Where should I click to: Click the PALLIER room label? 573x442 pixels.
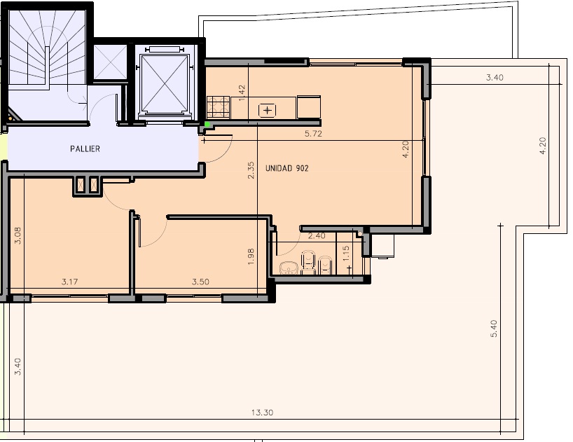[x=85, y=149]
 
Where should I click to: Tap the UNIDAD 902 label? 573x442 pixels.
[x=287, y=168]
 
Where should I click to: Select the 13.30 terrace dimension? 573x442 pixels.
[x=263, y=413]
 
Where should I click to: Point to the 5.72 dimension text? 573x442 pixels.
[x=314, y=134]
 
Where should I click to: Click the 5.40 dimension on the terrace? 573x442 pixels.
[x=494, y=329]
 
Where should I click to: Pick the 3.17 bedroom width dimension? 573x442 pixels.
[x=69, y=282]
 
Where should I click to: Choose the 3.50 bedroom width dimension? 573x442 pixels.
[x=200, y=282]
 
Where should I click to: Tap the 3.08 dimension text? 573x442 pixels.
[x=18, y=235]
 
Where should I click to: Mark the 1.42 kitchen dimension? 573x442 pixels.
[x=241, y=93]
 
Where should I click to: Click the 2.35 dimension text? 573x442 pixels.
[x=251, y=170]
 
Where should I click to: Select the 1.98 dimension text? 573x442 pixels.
[x=251, y=257]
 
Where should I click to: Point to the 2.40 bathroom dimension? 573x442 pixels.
[x=317, y=236]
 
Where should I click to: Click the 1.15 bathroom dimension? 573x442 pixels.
[x=347, y=253]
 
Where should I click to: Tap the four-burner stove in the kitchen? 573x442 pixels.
[x=218, y=107]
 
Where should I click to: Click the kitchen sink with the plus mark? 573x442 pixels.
[x=268, y=110]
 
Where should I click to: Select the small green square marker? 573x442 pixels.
[x=207, y=125]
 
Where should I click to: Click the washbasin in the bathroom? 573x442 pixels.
[x=289, y=268]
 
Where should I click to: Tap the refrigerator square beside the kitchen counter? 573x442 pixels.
[x=309, y=107]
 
